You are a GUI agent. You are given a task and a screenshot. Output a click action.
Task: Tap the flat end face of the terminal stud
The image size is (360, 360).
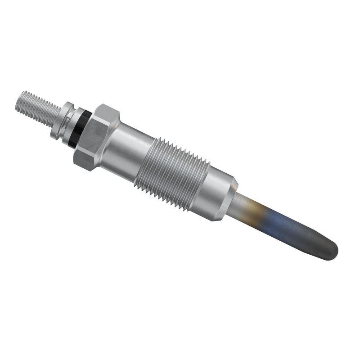click(x=18, y=102)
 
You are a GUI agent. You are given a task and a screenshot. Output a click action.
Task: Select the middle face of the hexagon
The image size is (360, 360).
click(x=95, y=137)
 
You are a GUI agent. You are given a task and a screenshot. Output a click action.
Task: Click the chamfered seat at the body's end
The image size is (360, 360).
click(x=229, y=200)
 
